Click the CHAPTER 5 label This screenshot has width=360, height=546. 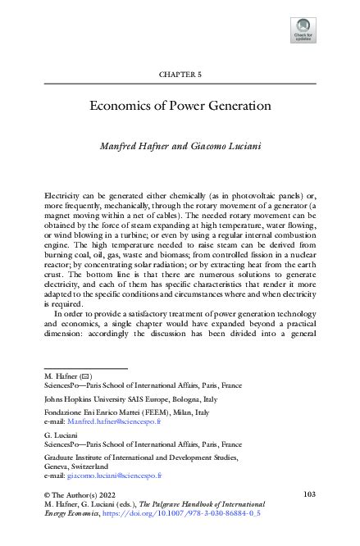point(180,75)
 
